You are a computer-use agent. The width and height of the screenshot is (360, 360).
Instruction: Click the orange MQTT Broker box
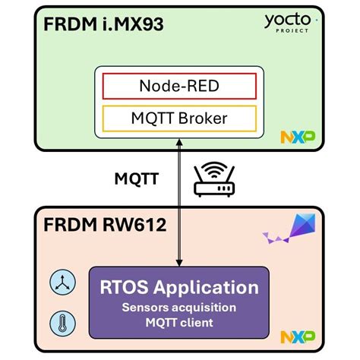click(x=179, y=118)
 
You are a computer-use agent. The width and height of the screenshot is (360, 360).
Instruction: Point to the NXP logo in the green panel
click(x=297, y=137)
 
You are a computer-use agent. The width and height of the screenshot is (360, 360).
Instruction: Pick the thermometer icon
click(x=59, y=321)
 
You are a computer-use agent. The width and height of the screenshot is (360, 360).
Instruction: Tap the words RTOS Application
click(x=179, y=289)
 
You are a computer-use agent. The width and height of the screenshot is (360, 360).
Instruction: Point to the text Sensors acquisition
click(x=179, y=308)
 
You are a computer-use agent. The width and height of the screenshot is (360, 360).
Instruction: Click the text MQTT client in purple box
click(x=179, y=323)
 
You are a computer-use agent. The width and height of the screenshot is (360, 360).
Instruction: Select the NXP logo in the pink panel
click(x=297, y=336)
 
